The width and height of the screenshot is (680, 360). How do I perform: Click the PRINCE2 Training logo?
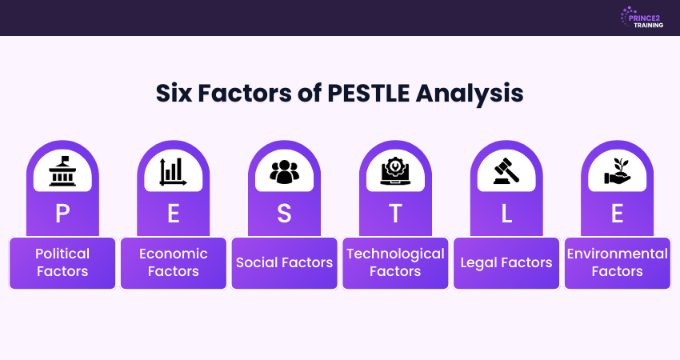pos(639,18)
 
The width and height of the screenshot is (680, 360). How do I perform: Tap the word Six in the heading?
pos(177,94)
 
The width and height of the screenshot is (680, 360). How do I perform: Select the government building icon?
pos(62,170)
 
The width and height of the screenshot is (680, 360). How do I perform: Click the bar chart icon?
pos(173,170)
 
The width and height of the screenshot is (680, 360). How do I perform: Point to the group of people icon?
pos(284,170)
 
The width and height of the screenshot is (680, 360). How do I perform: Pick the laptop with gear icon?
pos(395,170)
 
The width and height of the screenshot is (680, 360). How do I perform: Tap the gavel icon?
pos(506,170)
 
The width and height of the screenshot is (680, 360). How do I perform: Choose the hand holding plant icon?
pos(617,170)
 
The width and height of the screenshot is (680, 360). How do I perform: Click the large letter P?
pos(62,214)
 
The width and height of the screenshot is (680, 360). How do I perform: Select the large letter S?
pos(284,214)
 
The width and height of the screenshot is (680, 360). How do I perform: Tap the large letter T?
pos(395,214)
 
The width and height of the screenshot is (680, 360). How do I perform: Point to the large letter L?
pos(506,214)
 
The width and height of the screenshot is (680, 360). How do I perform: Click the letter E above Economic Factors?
pos(173,214)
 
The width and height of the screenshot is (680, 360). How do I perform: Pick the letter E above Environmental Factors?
pos(617,214)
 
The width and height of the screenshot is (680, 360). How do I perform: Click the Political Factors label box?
pos(62,262)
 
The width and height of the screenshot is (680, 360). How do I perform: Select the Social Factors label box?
pos(284,262)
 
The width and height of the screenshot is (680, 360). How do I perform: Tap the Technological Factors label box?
pos(395,262)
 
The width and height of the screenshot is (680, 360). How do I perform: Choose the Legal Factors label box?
pos(506,262)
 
